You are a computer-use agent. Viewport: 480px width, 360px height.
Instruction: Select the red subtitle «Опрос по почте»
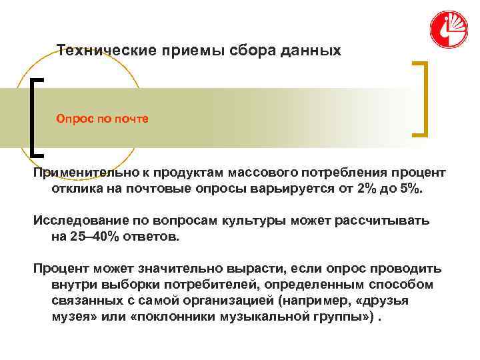[x=102, y=118]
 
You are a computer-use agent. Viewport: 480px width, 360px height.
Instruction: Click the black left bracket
[x=34, y=117]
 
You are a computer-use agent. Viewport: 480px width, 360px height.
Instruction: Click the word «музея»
[x=69, y=317]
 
